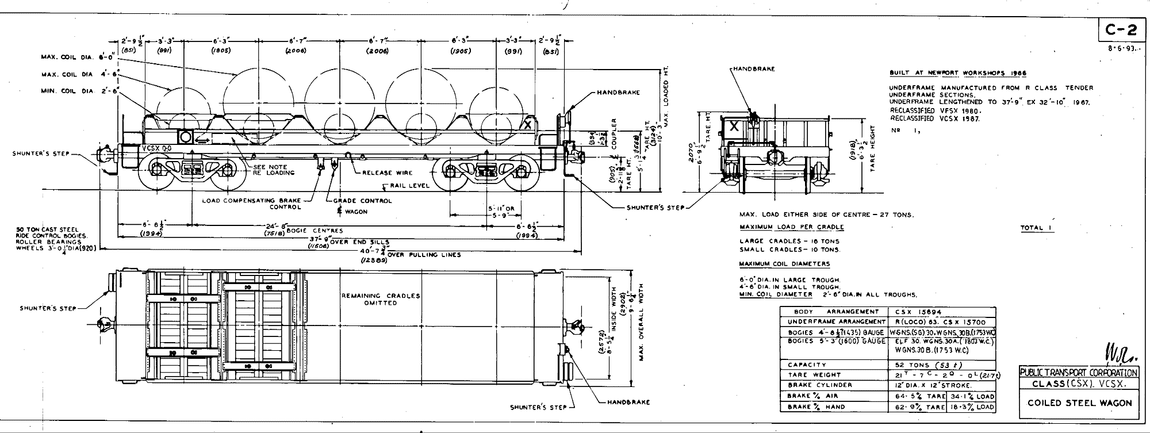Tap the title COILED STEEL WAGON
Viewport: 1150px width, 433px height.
(x=1079, y=403)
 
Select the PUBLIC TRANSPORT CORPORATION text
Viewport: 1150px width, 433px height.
(x=1079, y=373)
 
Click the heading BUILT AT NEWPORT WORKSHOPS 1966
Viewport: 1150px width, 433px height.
(x=957, y=73)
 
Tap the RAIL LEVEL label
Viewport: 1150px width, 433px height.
(x=409, y=186)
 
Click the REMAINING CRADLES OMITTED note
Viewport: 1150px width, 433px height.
(x=381, y=299)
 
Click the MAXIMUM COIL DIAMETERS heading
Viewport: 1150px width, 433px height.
(x=784, y=263)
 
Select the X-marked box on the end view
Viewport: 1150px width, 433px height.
(x=733, y=127)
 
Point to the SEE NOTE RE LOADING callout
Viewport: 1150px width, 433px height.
(x=274, y=170)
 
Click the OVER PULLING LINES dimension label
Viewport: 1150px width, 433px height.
(x=425, y=255)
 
